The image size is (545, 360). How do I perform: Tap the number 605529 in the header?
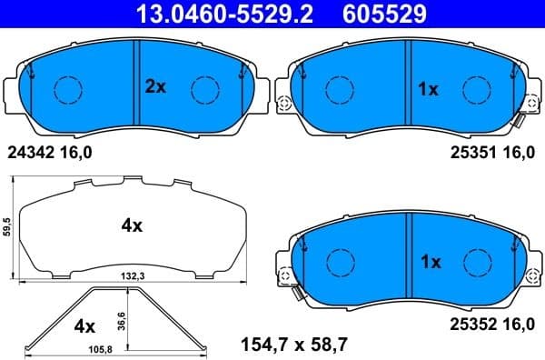[x=382, y=13]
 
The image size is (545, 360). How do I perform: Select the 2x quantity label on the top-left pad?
[x=156, y=87]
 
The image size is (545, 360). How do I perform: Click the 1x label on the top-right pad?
[x=427, y=89]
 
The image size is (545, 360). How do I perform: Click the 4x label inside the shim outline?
[x=132, y=225]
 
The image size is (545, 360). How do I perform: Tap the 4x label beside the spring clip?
[x=84, y=325]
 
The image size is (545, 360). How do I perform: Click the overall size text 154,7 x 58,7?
[x=293, y=344]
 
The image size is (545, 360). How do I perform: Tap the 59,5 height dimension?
[x=6, y=227]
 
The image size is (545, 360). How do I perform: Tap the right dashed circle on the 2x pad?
[x=204, y=89]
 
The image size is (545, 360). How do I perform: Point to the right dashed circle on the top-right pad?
[x=477, y=89]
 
